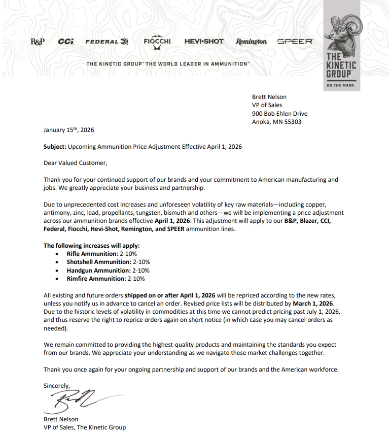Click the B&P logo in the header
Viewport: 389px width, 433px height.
[x=38, y=42]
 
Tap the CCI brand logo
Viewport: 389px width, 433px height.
[x=66, y=42]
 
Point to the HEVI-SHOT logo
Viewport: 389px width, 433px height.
[x=204, y=42]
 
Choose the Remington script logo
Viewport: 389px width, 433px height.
[x=251, y=42]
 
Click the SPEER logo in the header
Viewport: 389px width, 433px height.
[x=295, y=42]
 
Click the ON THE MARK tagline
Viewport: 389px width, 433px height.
[x=341, y=85]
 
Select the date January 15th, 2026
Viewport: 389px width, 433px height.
[x=69, y=130]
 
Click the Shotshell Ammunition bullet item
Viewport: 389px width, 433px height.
[x=108, y=262]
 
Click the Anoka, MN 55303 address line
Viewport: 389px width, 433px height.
[x=277, y=122]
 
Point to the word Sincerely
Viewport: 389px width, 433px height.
[x=57, y=386]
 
